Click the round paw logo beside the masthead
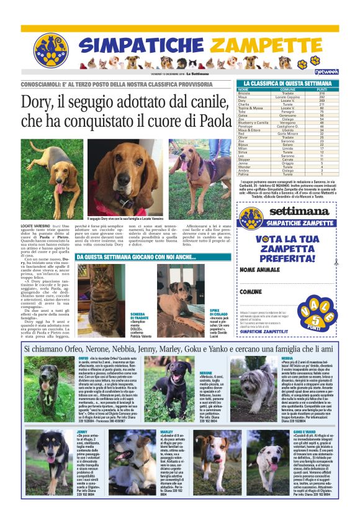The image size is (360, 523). click(50, 50)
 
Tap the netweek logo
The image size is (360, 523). click(326, 71)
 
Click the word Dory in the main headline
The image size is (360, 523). click(38, 102)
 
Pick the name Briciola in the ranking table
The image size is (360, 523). click(246, 93)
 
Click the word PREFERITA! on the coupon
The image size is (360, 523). click(287, 257)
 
